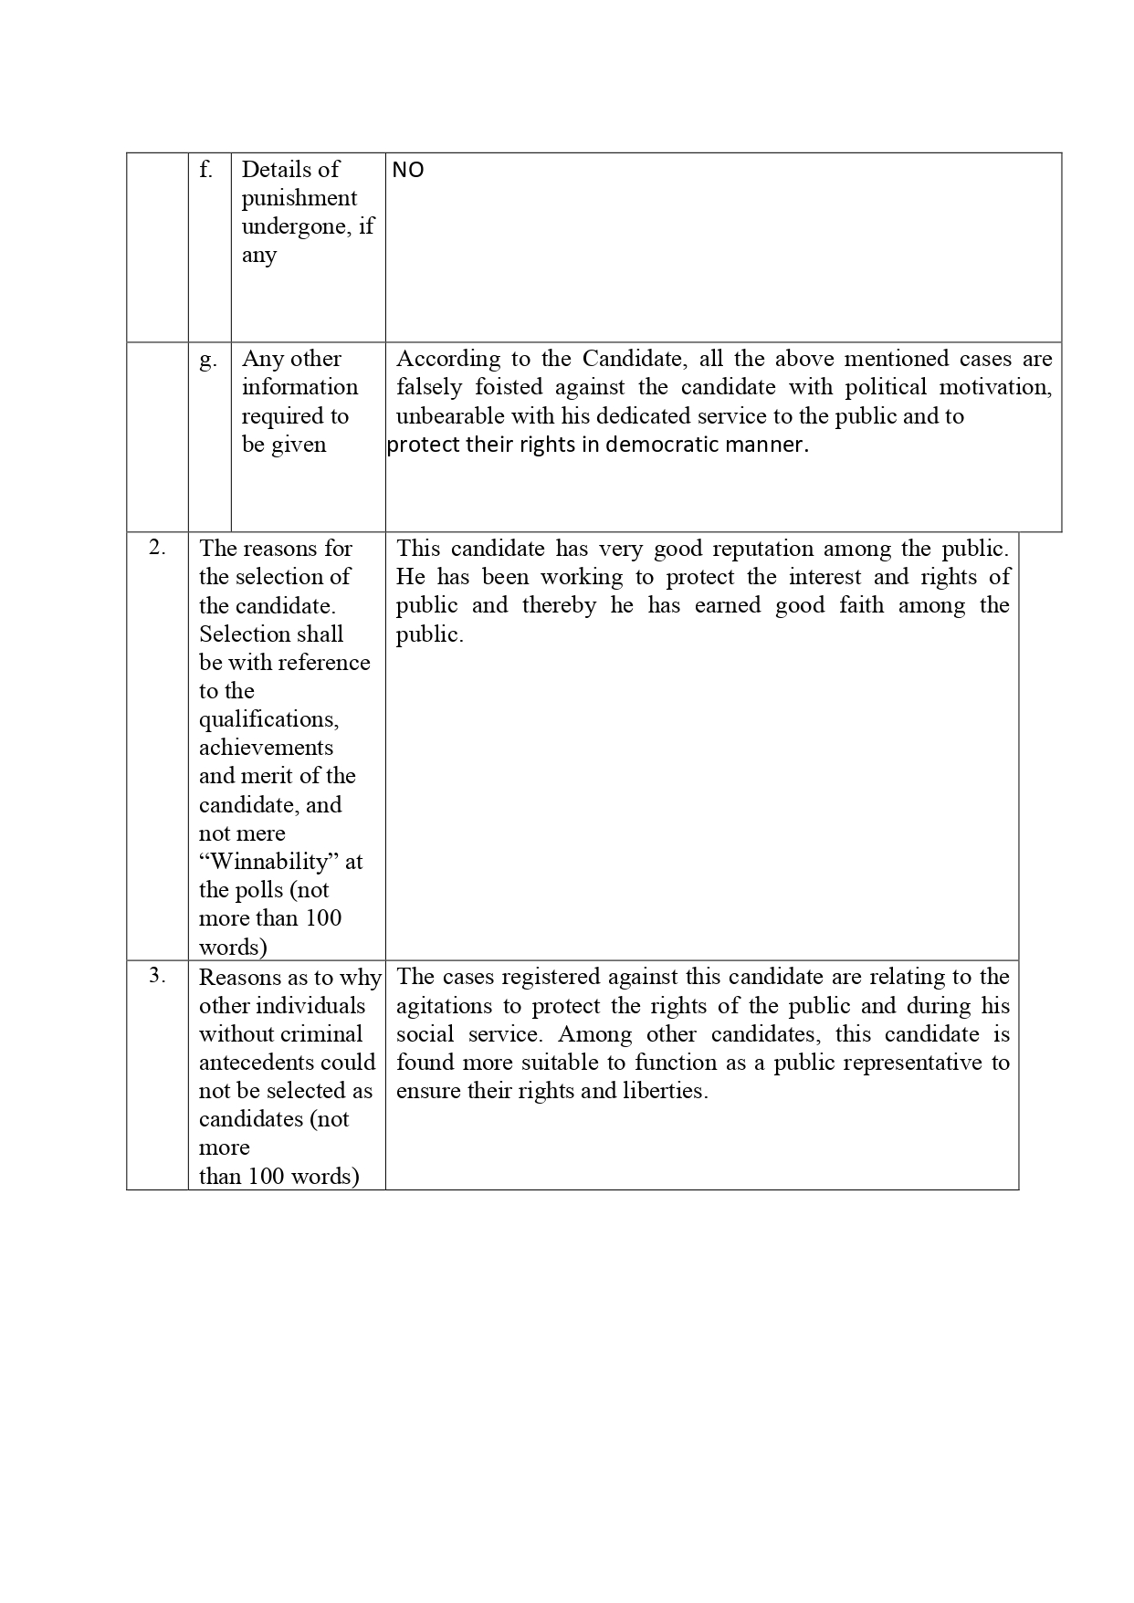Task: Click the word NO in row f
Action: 407,170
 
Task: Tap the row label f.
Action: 206,170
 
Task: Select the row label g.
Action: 208,360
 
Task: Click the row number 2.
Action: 157,548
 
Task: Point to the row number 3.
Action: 157,975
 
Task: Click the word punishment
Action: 299,198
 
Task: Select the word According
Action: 448,359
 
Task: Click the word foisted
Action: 509,387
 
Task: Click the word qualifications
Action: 268,719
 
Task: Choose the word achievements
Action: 266,748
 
